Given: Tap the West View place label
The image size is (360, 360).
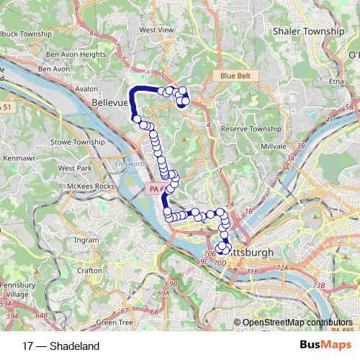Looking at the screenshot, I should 156,30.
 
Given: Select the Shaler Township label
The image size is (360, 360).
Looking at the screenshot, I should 308,32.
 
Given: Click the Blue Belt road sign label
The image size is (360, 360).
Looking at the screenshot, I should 234,75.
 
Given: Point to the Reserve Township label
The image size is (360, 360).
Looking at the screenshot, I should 251,128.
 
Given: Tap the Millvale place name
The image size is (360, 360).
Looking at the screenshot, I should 273,145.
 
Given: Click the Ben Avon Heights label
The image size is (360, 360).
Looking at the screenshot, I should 76,55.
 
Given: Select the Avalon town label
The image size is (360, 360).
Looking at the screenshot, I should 86,89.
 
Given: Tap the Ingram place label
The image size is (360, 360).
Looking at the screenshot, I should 86,240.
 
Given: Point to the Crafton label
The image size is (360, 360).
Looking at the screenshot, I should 90,270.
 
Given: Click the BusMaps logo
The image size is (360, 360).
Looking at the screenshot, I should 325,346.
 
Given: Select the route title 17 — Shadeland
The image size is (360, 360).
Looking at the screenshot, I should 61,346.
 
